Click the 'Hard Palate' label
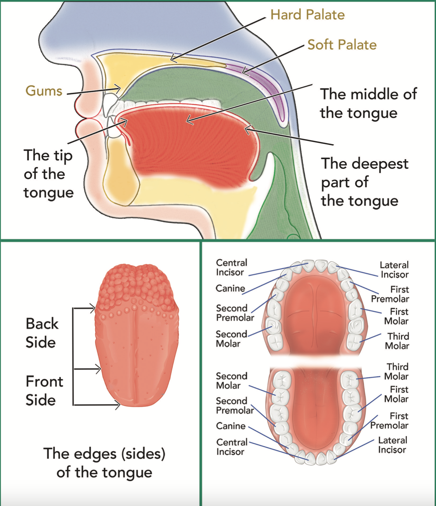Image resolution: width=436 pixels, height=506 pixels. (x=307, y=15)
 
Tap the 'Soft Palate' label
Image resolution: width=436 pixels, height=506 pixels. (x=342, y=45)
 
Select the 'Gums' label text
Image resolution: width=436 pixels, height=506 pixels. (x=44, y=91)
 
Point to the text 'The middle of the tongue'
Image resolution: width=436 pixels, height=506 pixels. (x=368, y=103)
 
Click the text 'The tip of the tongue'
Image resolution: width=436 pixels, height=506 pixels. (x=48, y=174)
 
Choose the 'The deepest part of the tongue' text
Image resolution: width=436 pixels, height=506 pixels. (x=365, y=182)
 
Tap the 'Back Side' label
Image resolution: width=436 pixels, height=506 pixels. (x=42, y=333)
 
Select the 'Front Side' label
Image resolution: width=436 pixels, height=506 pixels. (x=44, y=391)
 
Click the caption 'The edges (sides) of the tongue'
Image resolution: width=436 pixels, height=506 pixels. (x=104, y=463)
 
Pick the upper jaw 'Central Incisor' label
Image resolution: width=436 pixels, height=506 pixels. (x=231, y=267)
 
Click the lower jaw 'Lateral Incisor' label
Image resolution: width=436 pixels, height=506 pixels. (x=392, y=445)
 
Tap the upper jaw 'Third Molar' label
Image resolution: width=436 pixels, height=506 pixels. (x=397, y=341)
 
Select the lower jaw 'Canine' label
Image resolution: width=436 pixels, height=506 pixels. (x=231, y=426)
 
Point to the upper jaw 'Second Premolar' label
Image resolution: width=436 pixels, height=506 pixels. (x=235, y=313)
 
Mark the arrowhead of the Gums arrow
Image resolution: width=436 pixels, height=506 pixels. (x=119, y=88)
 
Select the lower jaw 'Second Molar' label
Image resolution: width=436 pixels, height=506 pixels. (x=231, y=381)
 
